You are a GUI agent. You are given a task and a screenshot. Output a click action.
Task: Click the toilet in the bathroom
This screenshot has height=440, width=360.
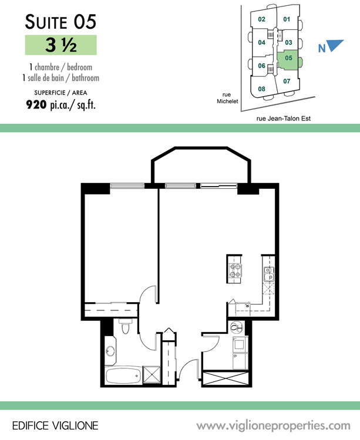click(x=125, y=326)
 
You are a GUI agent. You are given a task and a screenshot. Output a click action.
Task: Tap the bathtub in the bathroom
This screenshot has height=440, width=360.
click(x=123, y=375)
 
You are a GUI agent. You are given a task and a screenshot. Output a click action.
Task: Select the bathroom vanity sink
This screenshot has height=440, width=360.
click(x=110, y=351)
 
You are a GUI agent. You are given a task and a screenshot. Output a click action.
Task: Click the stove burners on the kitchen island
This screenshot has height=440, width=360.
click(x=235, y=270)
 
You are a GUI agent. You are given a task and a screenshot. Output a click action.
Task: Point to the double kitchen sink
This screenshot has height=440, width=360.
click(x=269, y=274)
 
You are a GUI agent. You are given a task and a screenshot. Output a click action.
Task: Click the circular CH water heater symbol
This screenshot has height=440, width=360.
click(x=237, y=327)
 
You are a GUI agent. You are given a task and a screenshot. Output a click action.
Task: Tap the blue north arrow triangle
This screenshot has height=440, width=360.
click(x=335, y=45)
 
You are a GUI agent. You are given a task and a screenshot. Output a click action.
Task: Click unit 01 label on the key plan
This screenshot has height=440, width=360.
click(x=287, y=19)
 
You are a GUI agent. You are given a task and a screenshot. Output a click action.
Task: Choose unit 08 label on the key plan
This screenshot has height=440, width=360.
click(x=261, y=89)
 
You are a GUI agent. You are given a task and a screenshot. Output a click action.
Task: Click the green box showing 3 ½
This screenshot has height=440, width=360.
click(x=61, y=45)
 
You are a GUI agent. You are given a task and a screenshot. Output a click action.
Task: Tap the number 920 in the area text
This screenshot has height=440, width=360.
click(x=36, y=104)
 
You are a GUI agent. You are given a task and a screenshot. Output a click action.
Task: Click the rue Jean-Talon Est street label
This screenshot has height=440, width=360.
click(x=284, y=119)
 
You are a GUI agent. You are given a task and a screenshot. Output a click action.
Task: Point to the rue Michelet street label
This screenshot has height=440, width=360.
click(x=227, y=98)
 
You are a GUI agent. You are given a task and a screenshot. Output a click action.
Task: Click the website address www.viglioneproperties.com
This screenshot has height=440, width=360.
click(x=273, y=426)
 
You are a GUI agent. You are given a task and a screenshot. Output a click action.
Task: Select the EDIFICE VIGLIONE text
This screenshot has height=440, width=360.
click(x=55, y=426)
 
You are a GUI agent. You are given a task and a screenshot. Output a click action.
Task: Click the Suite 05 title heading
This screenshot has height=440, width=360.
click(x=60, y=22)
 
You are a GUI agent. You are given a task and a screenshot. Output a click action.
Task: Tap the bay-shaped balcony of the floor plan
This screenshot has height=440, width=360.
click(x=201, y=165)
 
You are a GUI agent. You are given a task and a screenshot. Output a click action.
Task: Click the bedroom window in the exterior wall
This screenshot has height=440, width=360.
click(x=127, y=185)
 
